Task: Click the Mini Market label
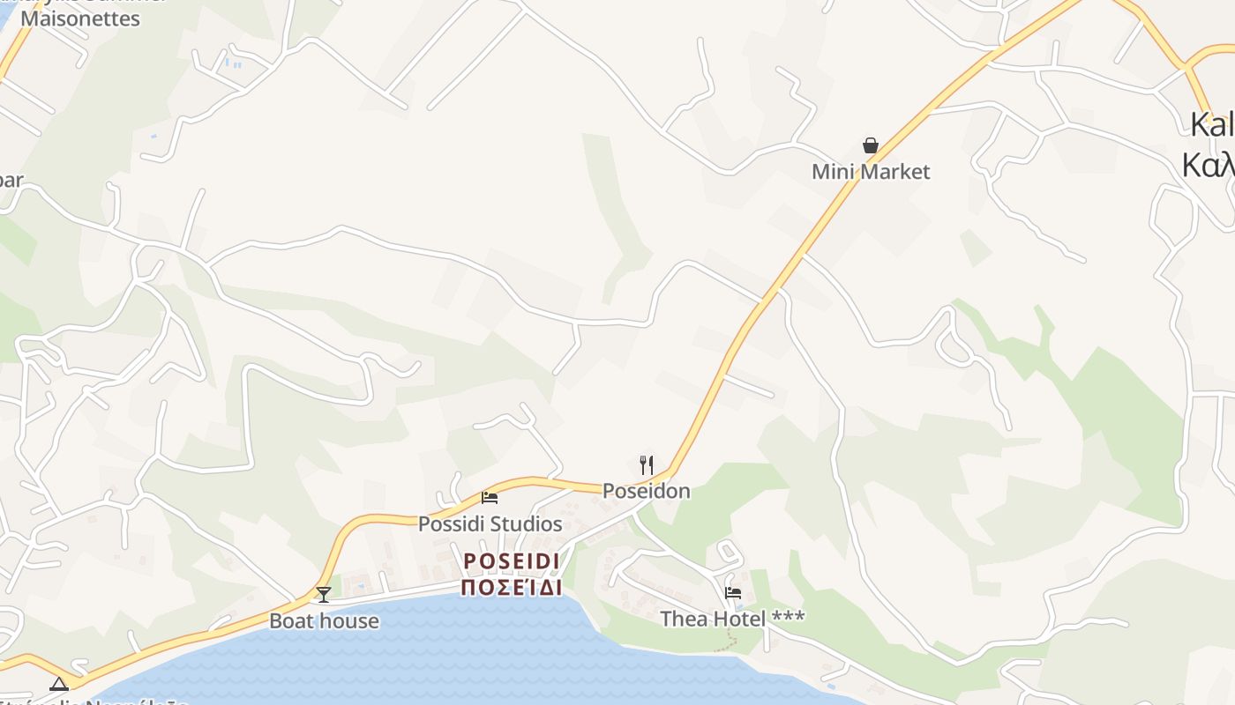[871, 171]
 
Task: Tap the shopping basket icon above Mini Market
[871, 145]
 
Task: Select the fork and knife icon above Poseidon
[647, 464]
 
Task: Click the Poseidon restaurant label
[647, 491]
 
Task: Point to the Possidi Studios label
[490, 523]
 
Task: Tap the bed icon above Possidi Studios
[490, 498]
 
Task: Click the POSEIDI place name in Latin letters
[512, 561]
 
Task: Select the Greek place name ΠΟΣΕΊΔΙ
[512, 588]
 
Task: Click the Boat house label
[324, 620]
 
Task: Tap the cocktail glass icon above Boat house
[324, 595]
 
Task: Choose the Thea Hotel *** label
[732, 619]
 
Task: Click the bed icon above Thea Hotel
[732, 593]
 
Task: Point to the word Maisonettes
[80, 18]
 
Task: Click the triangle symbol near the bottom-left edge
[59, 684]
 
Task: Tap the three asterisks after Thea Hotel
[788, 617]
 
